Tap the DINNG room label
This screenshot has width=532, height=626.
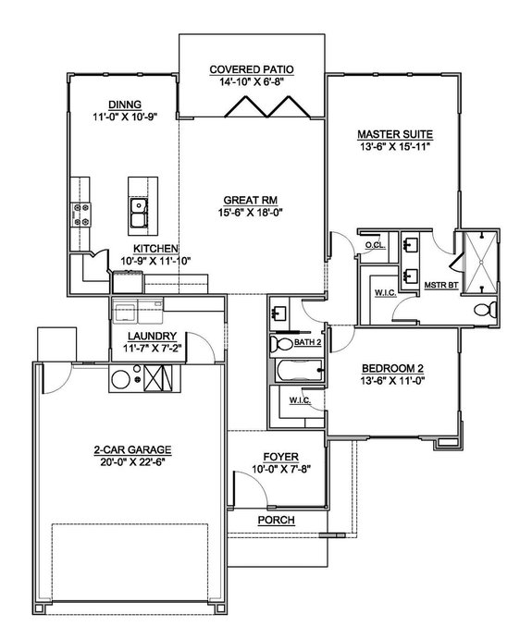click(x=125, y=104)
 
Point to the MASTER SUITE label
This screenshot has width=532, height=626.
click(x=395, y=133)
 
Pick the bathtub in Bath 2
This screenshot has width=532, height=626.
click(x=296, y=372)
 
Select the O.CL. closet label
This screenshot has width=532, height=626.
click(x=375, y=246)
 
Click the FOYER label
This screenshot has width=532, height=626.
click(x=278, y=455)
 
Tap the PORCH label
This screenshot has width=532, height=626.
click(x=277, y=521)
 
